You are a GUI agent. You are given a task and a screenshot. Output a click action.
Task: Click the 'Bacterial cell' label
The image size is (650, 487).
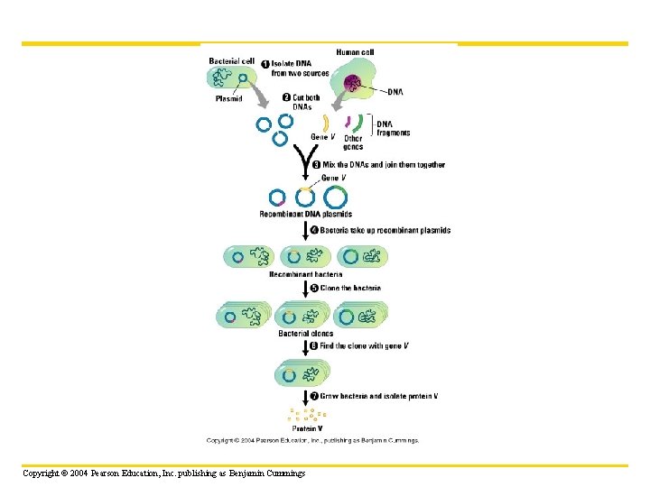point(231,61)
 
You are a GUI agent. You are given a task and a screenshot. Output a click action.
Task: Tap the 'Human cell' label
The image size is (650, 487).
point(355,52)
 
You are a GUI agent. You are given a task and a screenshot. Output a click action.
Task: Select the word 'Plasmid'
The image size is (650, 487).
point(228,99)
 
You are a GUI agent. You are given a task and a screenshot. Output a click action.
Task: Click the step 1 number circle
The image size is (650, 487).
point(265,63)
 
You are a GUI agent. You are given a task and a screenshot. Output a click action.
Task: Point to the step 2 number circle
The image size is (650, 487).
point(285,97)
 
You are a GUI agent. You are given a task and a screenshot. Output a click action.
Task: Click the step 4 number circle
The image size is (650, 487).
point(313,230)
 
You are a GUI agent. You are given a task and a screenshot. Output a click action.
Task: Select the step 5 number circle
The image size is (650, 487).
point(313,289)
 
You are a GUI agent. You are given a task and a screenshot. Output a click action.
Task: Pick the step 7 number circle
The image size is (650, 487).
point(313,396)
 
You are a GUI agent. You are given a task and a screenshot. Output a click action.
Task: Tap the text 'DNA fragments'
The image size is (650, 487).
point(393,128)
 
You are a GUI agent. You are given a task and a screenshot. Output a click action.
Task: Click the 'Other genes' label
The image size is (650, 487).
point(353,142)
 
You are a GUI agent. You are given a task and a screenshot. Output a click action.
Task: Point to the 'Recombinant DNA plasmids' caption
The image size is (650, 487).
point(305,215)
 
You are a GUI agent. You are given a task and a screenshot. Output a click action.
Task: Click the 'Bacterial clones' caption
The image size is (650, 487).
point(305,334)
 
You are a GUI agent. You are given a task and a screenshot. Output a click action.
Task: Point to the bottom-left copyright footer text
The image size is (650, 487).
point(164,473)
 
